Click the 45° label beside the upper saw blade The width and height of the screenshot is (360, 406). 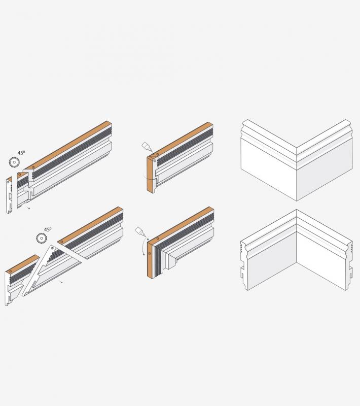coord(21,153)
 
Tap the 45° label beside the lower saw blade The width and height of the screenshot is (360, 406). coord(48,229)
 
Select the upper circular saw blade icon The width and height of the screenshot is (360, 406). coord(14,162)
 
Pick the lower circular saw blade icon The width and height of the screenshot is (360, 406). coord(42,238)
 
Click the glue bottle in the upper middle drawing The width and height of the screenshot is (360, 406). coord(147,147)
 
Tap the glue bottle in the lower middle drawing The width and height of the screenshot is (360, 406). coord(140,231)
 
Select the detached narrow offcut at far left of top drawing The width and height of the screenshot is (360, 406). coord(9,195)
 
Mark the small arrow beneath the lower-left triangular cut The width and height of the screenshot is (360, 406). coord(60,281)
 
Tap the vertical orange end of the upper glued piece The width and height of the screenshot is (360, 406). coord(150,174)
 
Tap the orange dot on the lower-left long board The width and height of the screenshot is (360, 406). coord(61,242)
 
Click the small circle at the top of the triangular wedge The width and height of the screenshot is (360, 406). coord(53,248)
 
